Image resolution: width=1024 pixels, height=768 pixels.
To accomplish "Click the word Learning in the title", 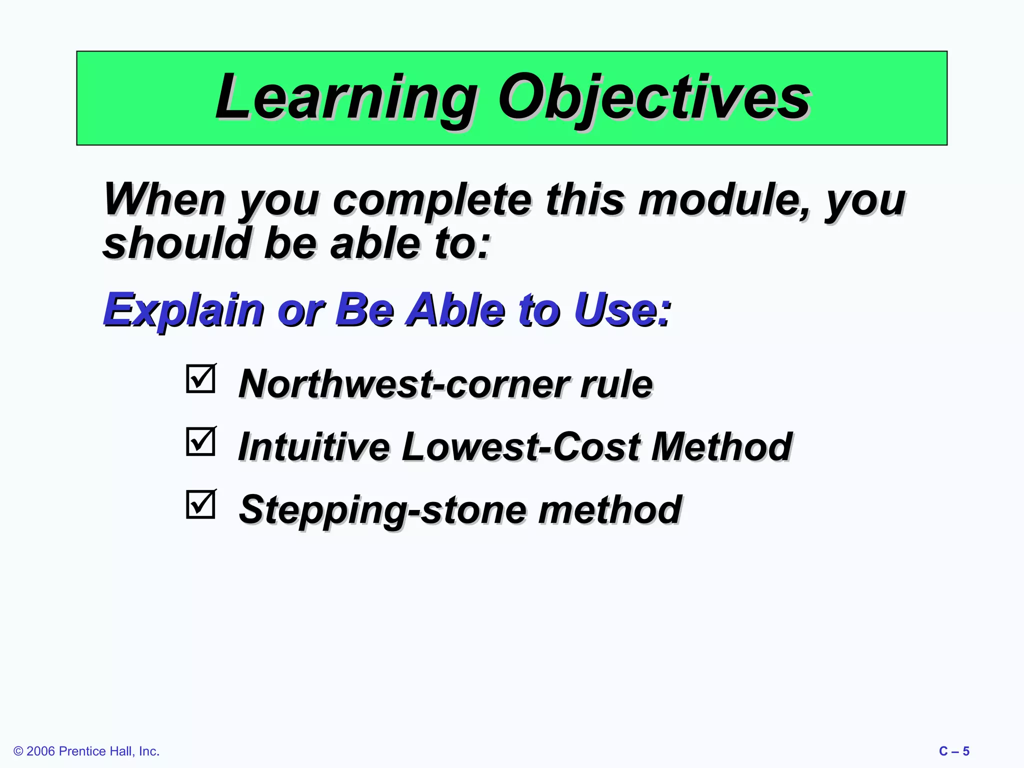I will pos(345,97).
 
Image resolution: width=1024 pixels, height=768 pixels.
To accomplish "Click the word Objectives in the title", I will pos(654,97).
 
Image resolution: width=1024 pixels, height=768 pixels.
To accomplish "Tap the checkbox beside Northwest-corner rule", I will pos(201,379).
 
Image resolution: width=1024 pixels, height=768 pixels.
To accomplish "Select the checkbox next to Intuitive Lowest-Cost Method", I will pos(201,441).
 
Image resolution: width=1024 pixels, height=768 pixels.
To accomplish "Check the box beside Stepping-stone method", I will pos(201,504).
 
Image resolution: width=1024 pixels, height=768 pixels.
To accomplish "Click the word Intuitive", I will pos(313,446).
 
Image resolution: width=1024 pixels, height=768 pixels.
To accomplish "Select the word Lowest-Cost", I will pos(520,446).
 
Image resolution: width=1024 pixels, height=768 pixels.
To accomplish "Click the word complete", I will pos(432,200).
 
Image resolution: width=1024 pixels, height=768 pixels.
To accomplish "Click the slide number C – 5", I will pos(954,751).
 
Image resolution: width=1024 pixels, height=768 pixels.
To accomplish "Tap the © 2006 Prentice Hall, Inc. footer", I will pos(86,751).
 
